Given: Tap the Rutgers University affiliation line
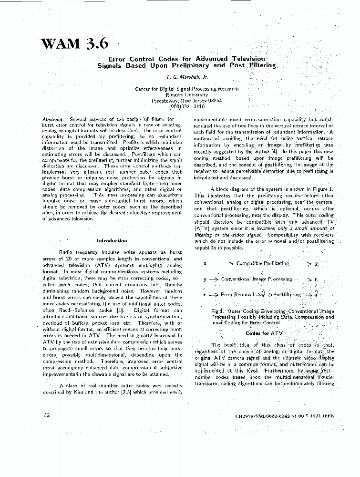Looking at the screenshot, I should click(x=186, y=94).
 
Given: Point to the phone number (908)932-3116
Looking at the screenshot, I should click(x=186, y=107).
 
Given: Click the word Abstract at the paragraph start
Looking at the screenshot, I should click(x=52, y=119).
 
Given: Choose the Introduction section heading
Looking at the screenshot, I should click(x=112, y=240).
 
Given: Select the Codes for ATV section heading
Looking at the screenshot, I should click(x=264, y=333).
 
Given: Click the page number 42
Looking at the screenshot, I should click(x=47, y=415).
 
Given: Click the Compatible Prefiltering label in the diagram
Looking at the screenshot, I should click(x=262, y=263).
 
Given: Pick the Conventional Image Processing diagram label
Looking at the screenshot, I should click(x=256, y=279).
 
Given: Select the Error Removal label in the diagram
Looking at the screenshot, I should click(x=233, y=295).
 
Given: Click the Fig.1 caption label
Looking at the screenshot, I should click(x=217, y=311).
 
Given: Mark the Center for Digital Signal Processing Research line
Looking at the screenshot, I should click(x=186, y=89).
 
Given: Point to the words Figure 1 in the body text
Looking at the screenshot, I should click(x=321, y=189).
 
